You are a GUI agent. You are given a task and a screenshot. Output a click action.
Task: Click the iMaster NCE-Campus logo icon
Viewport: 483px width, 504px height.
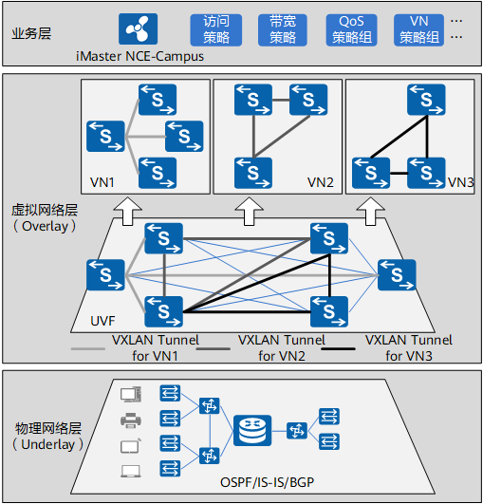click(x=138, y=28)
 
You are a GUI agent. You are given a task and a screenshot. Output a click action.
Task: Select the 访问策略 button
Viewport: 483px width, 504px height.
click(x=216, y=29)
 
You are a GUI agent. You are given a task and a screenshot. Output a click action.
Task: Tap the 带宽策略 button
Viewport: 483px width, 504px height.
click(x=283, y=29)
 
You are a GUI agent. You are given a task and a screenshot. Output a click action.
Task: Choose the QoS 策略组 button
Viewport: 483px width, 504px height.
click(x=351, y=29)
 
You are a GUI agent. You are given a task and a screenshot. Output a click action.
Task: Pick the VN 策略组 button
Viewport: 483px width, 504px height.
click(x=419, y=29)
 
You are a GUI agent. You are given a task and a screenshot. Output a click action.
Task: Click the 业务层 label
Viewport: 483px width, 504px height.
click(x=31, y=33)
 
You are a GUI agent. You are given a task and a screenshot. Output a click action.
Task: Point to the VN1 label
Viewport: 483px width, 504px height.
click(x=102, y=182)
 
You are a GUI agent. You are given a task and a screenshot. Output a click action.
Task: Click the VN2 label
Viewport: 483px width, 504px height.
click(x=321, y=182)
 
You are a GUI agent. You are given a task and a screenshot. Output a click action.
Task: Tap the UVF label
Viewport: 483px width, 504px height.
click(x=102, y=321)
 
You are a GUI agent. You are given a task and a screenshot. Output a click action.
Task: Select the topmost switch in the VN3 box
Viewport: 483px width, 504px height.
click(x=426, y=100)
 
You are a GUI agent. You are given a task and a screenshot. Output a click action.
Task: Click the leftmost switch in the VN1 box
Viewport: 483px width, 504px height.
click(x=105, y=137)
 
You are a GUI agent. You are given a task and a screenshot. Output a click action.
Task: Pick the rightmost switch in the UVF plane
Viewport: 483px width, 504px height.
click(x=397, y=275)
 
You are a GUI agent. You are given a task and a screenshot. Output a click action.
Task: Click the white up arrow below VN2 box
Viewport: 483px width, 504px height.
click(x=249, y=211)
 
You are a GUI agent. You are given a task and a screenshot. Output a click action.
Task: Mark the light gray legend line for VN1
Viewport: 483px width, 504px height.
click(x=88, y=348)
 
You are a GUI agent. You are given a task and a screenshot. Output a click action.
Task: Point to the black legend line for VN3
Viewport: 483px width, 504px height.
click(x=339, y=348)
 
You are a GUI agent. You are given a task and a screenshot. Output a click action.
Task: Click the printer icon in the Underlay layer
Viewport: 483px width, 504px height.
click(x=130, y=420)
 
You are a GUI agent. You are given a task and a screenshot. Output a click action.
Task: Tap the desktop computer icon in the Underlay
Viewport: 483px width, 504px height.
click(x=130, y=395)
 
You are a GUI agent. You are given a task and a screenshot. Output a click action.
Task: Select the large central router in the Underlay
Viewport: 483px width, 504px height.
click(x=252, y=430)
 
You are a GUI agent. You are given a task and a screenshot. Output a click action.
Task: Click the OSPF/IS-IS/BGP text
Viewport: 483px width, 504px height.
click(x=267, y=482)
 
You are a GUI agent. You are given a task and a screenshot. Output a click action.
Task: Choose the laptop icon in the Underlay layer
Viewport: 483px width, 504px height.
click(x=130, y=471)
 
